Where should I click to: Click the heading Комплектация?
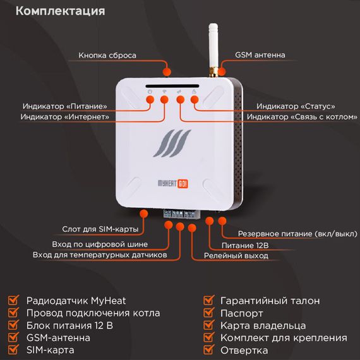[x=59, y=11]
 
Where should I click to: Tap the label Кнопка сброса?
[x=107, y=56]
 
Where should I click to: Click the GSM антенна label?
[x=260, y=56]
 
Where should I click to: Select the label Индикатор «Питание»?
[x=64, y=106]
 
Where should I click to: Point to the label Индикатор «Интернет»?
[x=64, y=117]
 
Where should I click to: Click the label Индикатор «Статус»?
[x=296, y=106]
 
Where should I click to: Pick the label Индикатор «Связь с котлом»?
[x=297, y=117]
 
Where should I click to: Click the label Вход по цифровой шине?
[x=99, y=244]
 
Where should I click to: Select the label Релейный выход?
[x=236, y=256]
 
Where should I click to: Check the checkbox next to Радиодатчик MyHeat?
[x=13, y=300]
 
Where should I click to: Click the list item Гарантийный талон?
[x=270, y=301]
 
